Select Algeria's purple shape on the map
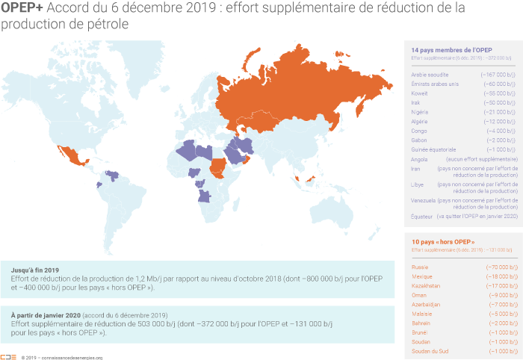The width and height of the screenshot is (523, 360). pos(188,150)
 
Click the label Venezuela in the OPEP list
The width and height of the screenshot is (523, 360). pos(424,200)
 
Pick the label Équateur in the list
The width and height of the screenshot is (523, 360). pos(421,215)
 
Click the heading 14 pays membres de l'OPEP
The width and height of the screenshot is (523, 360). pos(451,49)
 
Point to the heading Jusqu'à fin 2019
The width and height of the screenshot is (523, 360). pos(36,269)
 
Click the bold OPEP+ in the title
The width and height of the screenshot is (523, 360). pos(22,8)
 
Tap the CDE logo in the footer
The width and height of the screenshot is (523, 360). pos(8,357)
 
